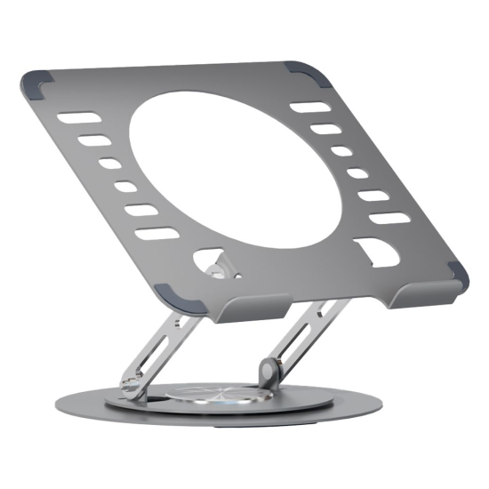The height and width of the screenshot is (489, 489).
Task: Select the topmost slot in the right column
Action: point(310,108)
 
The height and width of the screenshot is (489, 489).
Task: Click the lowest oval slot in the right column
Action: point(389,218)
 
